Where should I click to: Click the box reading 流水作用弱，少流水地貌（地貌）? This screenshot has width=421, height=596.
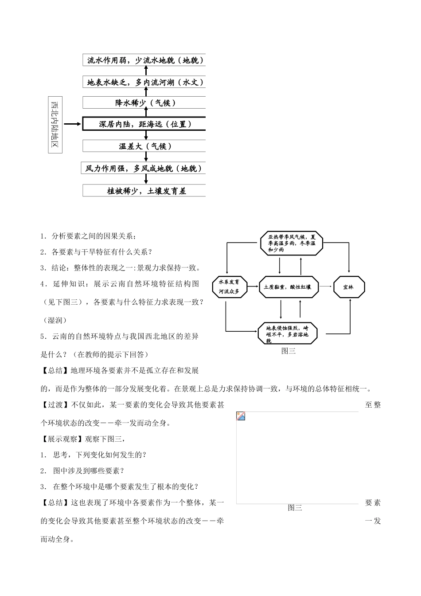point(144,60)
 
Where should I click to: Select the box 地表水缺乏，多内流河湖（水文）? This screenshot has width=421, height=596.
point(144,82)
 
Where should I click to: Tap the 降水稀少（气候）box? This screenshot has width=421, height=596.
point(144,103)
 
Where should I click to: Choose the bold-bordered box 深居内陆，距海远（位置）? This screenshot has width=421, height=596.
point(144,124)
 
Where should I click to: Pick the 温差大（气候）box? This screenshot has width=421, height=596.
point(144,146)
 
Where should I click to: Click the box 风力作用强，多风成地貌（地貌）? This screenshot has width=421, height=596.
point(144,168)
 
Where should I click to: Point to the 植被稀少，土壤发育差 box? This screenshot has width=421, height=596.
point(144,191)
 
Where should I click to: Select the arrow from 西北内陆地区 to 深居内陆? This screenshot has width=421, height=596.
point(73,124)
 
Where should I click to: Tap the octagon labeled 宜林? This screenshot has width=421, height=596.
point(349,287)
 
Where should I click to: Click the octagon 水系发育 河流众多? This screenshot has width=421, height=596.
point(229,287)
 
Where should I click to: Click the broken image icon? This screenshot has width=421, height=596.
point(241,416)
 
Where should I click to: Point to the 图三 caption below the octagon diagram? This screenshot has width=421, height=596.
point(288,351)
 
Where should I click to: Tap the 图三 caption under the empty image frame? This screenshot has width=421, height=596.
point(295,508)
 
